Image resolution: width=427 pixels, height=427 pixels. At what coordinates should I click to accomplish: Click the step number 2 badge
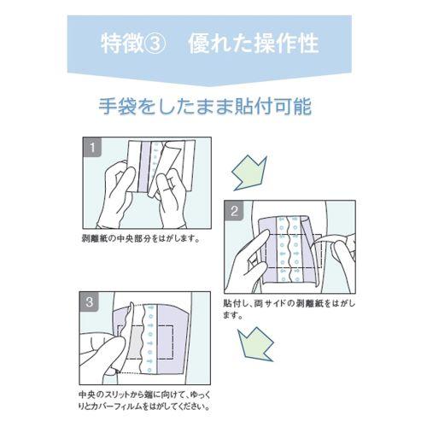[x=235, y=210]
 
